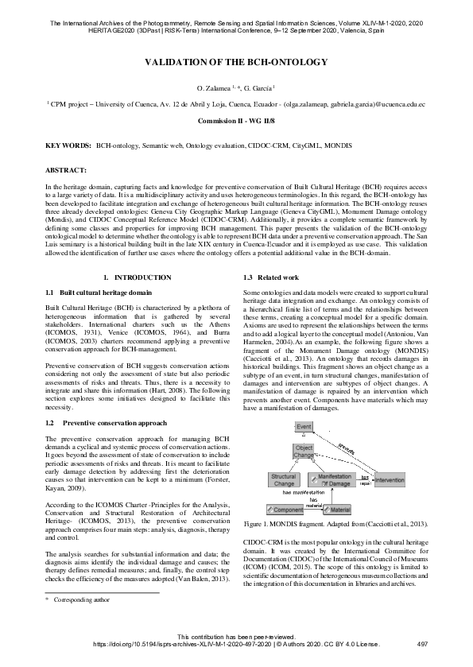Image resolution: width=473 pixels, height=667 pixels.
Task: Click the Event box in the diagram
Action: point(303,428)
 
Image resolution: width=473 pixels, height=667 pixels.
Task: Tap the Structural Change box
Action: point(284,479)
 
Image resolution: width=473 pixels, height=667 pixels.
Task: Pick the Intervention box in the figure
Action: point(389,480)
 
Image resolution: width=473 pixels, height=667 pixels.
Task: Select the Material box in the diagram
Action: point(337,509)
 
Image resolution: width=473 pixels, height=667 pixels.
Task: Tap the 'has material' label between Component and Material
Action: point(313,502)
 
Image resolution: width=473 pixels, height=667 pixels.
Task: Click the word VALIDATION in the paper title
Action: point(183,62)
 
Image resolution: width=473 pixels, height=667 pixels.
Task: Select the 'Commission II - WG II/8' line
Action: point(236,123)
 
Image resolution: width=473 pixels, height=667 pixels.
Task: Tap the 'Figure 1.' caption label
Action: point(259,525)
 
